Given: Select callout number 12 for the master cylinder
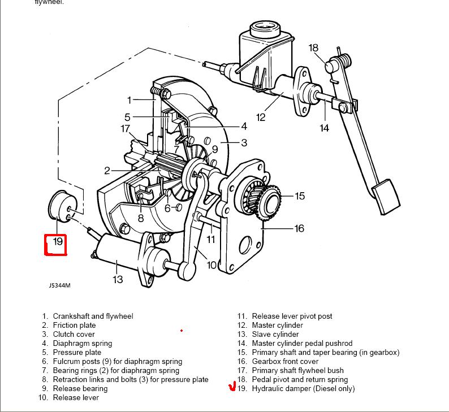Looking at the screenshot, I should [x=261, y=118].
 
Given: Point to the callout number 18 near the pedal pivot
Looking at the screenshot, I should [x=314, y=48].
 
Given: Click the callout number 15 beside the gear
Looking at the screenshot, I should [x=300, y=196].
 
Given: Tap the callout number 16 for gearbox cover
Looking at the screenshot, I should [x=299, y=228].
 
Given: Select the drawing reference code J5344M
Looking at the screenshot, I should [x=59, y=285].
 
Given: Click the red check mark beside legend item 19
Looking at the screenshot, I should [x=231, y=388].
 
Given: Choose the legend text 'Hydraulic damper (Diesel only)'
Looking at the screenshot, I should [x=303, y=389].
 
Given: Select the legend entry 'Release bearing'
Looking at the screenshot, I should [x=80, y=389].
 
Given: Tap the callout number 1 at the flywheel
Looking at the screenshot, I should [x=129, y=100].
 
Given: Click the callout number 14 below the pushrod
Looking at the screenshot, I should [x=324, y=128].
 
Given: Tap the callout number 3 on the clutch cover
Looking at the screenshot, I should [x=244, y=143].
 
